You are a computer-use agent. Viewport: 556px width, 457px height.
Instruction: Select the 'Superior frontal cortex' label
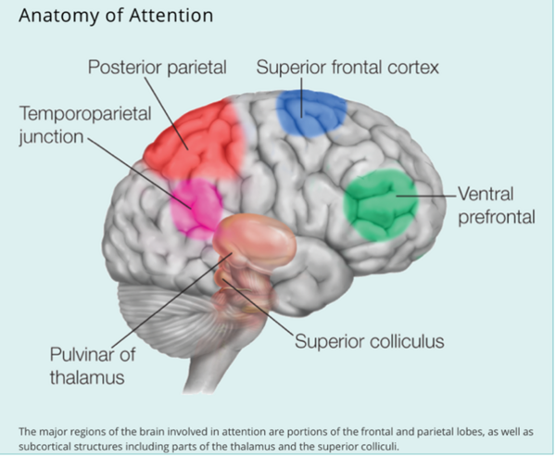tap(347, 68)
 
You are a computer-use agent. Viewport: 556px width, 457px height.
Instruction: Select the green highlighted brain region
tap(378, 206)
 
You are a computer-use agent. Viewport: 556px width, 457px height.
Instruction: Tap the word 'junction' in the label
tap(48, 137)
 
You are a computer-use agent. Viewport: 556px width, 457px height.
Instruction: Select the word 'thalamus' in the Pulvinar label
tap(89, 378)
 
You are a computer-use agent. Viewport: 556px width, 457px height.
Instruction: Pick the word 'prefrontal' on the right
tap(499, 218)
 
